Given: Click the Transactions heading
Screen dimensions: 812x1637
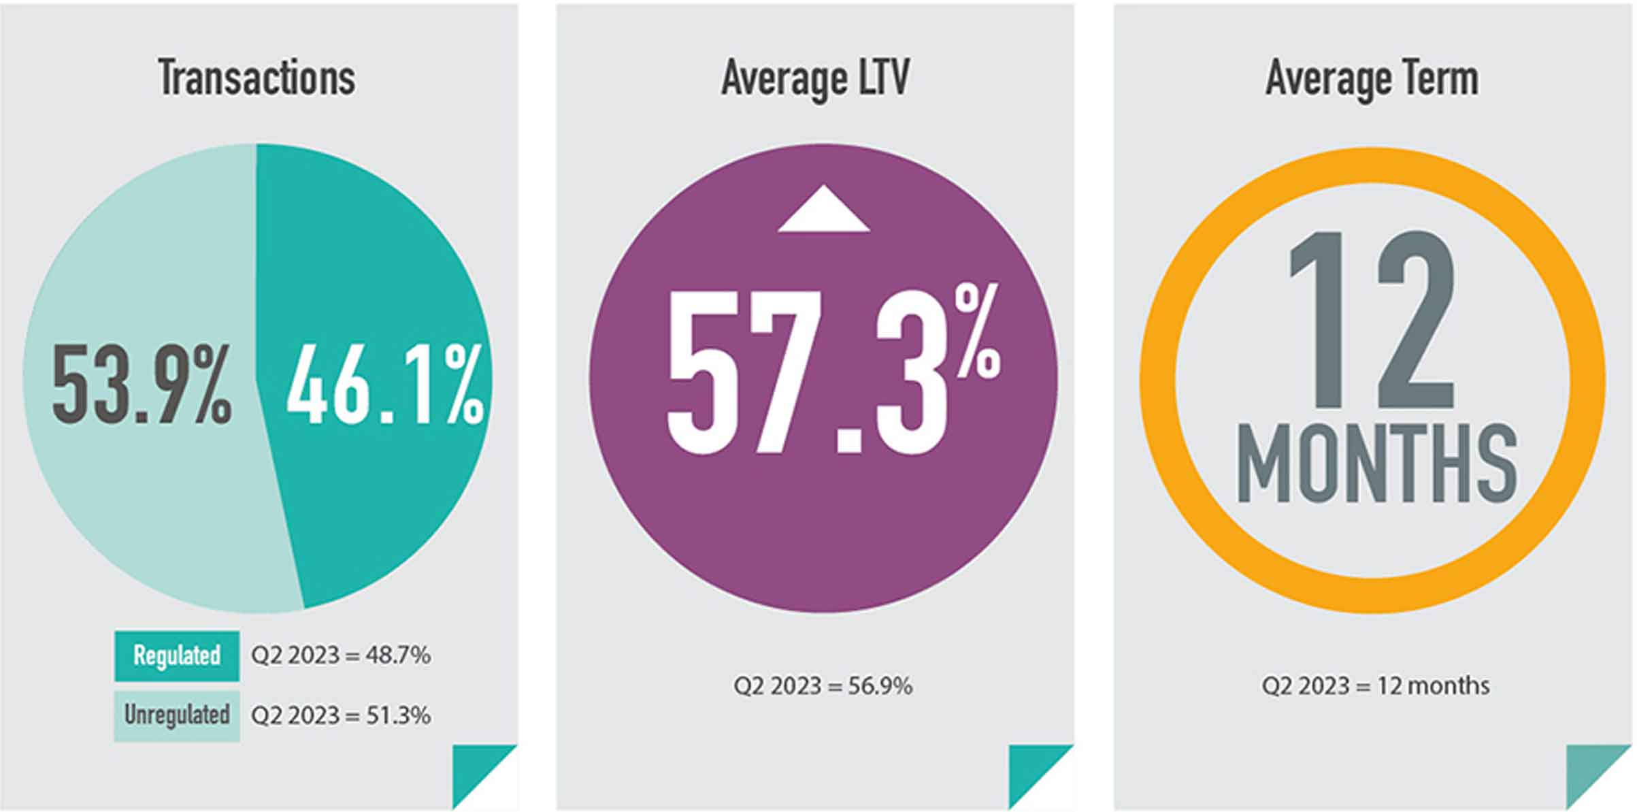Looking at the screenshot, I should [257, 78].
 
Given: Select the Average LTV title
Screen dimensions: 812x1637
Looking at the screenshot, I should [815, 78].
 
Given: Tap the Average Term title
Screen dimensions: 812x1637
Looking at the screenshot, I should [1372, 78].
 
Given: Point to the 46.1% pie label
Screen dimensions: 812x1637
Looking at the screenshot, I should [385, 385].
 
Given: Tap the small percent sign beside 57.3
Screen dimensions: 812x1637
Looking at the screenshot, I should [978, 331].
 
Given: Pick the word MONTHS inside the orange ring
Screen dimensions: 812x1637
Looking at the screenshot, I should [1376, 464].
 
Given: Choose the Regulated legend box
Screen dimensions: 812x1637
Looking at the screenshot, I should [177, 656].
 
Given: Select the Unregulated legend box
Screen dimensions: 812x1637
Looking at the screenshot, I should [177, 715].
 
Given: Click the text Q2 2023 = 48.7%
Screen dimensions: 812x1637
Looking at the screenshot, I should [340, 656].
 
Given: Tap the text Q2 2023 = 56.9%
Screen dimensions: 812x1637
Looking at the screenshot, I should [823, 686].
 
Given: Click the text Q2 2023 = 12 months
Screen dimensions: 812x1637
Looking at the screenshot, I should [1375, 686].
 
